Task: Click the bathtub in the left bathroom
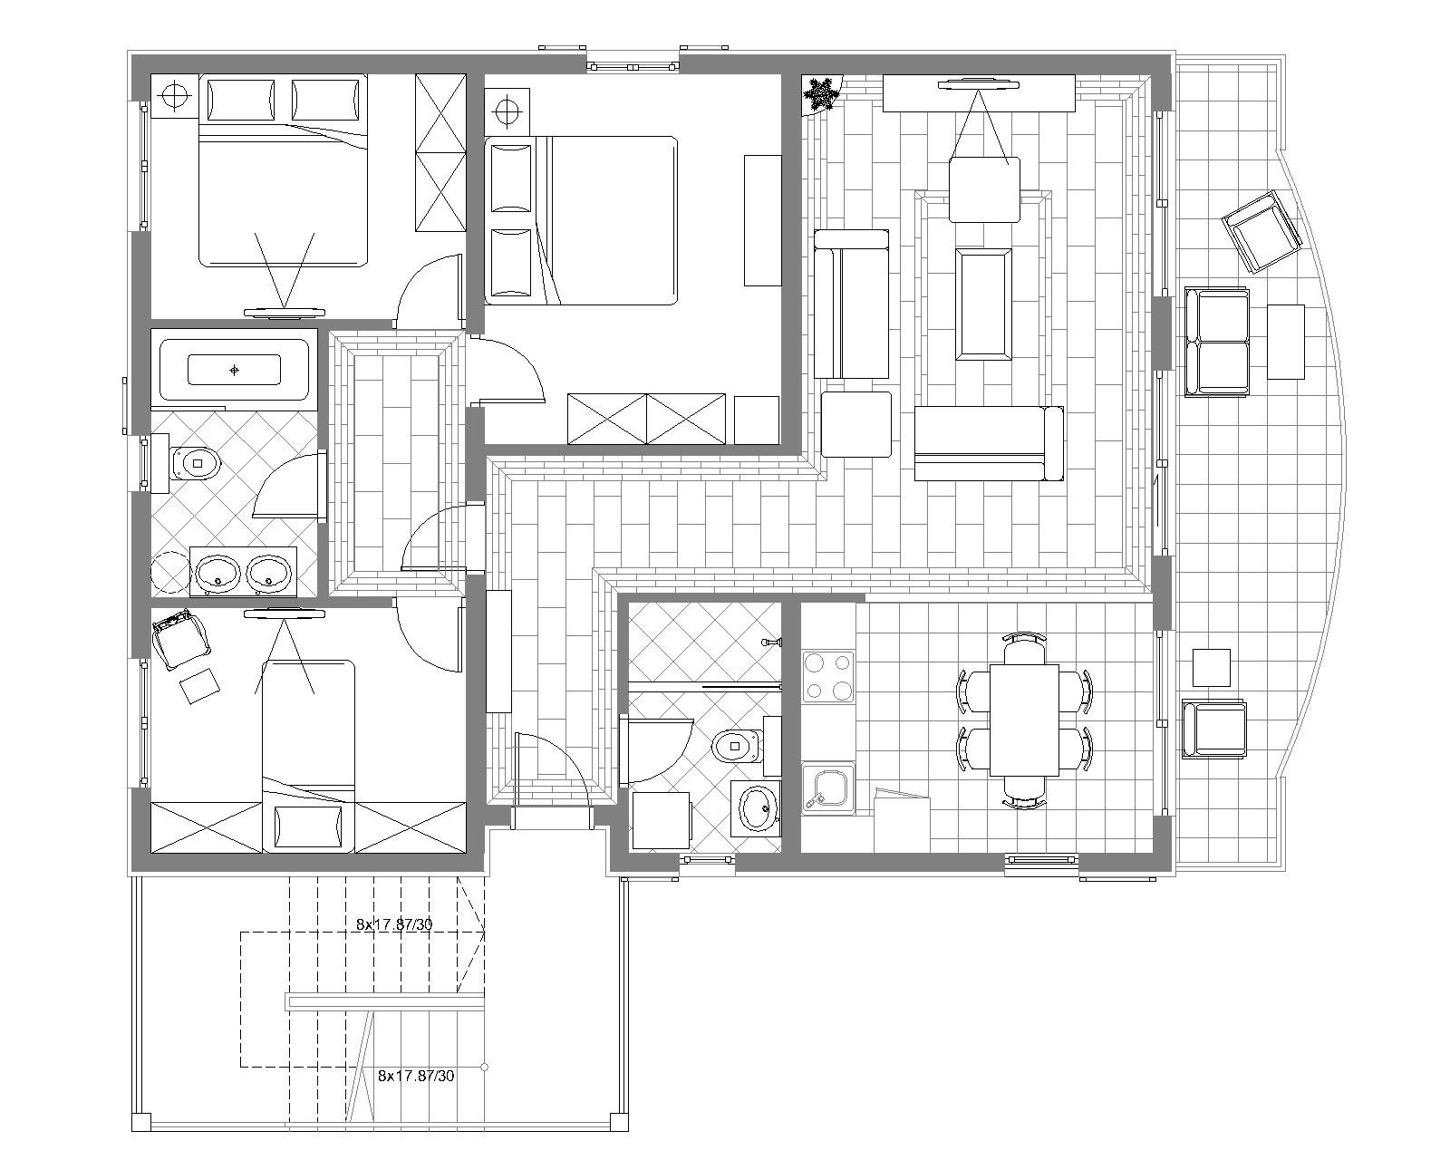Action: point(234,370)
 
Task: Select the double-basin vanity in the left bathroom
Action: point(243,572)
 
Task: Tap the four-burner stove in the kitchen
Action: point(828,677)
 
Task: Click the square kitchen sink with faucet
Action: point(828,788)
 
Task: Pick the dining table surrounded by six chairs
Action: point(1024,720)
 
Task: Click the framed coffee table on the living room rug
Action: point(984,304)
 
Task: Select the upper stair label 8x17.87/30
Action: point(394,924)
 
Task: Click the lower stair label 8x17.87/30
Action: point(416,1077)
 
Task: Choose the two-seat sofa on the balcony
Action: point(1217,342)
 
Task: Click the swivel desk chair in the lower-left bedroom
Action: point(180,638)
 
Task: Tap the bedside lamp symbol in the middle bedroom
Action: point(508,108)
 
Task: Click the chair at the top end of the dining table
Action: point(1024,643)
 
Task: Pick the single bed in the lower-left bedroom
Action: point(308,756)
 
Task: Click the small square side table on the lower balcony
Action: point(1212,667)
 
